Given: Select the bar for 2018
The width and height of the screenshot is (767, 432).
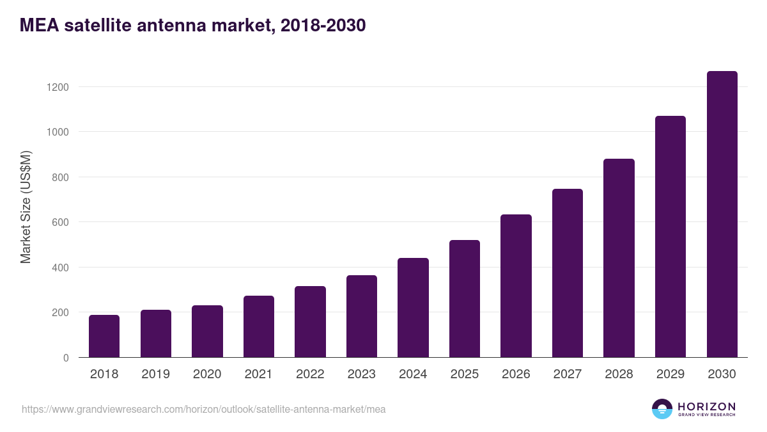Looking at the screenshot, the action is [104, 336].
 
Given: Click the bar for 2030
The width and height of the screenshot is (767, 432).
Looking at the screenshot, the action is [722, 214].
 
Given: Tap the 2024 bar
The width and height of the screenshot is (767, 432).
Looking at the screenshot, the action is [413, 308].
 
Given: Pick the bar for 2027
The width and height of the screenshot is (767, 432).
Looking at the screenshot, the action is [568, 273].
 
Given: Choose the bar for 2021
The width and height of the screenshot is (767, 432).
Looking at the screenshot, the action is [259, 326].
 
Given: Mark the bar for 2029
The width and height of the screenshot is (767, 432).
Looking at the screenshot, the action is [670, 237].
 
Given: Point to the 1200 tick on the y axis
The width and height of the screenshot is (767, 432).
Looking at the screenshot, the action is [58, 87].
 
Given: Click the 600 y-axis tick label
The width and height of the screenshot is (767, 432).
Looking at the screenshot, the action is [60, 222].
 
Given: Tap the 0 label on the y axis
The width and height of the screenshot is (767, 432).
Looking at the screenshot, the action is [66, 358].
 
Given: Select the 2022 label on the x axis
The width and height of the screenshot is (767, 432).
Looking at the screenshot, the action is [310, 374].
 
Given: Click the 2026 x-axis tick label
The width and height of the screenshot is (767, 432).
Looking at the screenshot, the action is [516, 374].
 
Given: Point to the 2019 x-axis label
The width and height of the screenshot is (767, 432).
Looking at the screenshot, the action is [155, 374].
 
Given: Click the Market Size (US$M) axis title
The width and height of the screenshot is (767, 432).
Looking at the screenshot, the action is [26, 207].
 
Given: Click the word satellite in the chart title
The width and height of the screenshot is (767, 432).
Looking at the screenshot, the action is [98, 26].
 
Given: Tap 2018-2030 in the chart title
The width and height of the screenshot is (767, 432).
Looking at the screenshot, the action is [323, 26].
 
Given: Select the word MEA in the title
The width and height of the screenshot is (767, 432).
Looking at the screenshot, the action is [40, 26].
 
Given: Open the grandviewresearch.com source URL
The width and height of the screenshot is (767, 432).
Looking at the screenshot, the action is [203, 410].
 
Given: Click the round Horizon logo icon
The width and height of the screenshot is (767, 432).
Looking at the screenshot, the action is [662, 409].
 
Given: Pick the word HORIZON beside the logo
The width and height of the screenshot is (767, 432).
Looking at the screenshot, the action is [706, 406].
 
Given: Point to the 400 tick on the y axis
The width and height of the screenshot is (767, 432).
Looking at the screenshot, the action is [60, 268].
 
